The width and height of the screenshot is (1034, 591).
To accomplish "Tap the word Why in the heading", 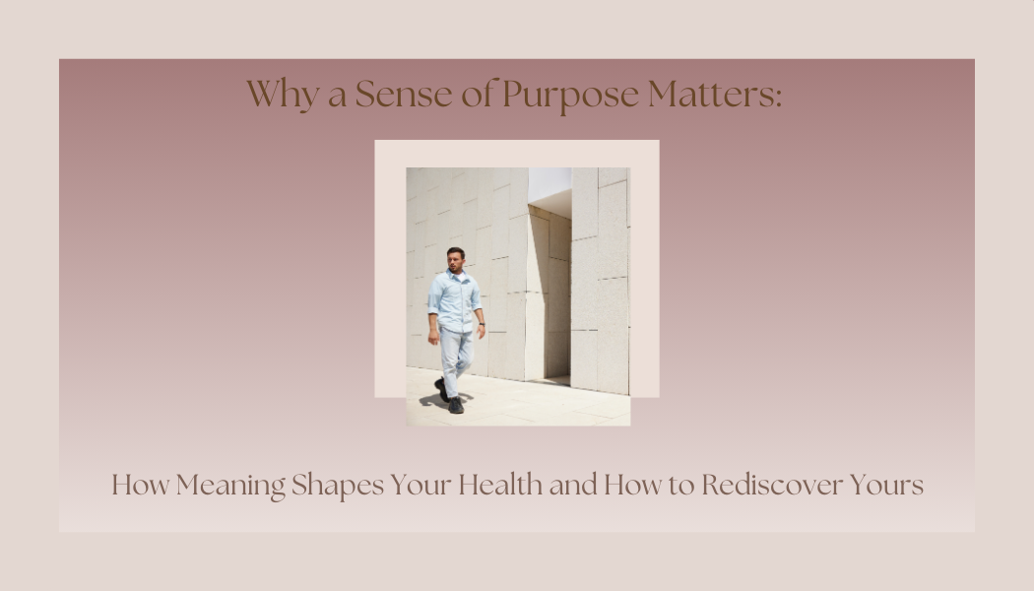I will pyautogui.click(x=272, y=96).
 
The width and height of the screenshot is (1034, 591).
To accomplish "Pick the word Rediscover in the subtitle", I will pyautogui.click(x=773, y=486).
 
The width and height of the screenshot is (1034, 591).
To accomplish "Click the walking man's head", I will pyautogui.click(x=455, y=259).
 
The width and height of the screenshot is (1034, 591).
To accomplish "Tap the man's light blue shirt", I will pyautogui.click(x=455, y=300).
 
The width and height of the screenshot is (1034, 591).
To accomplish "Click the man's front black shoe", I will pyautogui.click(x=456, y=405).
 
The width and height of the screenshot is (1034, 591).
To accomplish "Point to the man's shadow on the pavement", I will pyautogui.click(x=430, y=400).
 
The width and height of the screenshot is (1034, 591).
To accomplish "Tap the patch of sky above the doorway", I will pyautogui.click(x=549, y=182).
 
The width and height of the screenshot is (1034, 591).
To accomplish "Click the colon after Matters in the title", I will pyautogui.click(x=778, y=98).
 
